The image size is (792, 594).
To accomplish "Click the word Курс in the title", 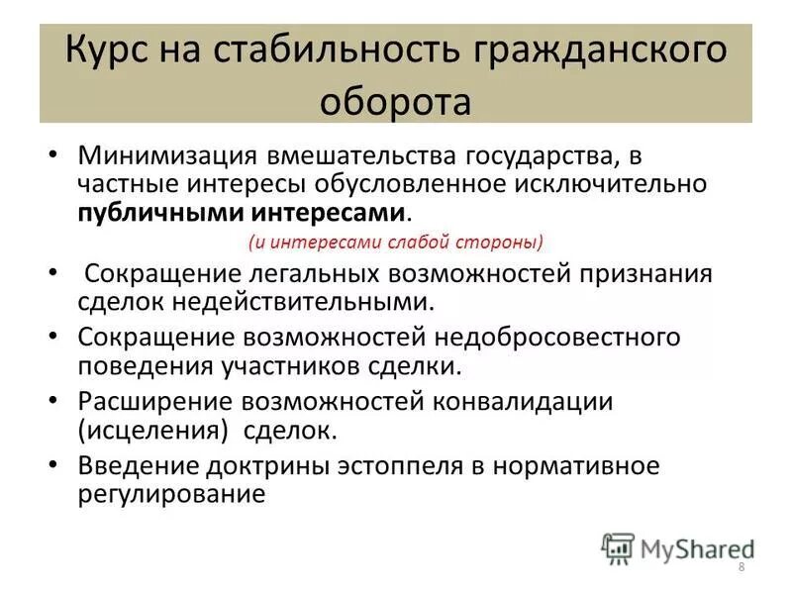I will pos(108,50).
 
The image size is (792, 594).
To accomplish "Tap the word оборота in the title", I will pos(395,101).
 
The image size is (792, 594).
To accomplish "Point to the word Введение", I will pos(136,466).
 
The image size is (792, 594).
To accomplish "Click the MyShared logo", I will pos(679,546).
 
